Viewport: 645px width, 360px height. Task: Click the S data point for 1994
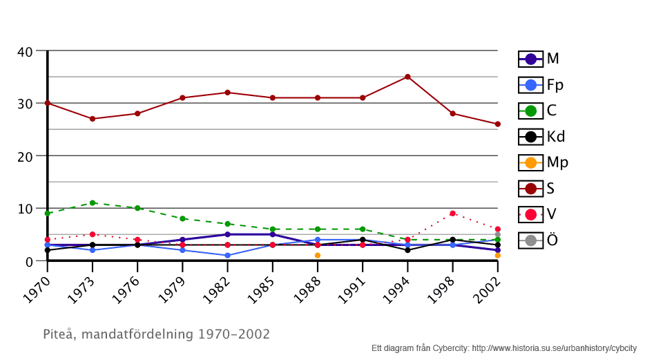pyautogui.click(x=407, y=77)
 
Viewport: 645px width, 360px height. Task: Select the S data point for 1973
pyautogui.click(x=93, y=119)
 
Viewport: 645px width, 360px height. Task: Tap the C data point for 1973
pyautogui.click(x=93, y=203)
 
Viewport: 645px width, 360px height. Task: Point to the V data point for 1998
pyautogui.click(x=452, y=214)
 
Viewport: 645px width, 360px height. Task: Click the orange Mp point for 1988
pyautogui.click(x=318, y=256)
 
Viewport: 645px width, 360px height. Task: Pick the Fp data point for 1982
pyautogui.click(x=227, y=256)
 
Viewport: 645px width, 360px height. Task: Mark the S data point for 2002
pyautogui.click(x=497, y=124)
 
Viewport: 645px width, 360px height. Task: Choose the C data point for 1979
pyautogui.click(x=182, y=218)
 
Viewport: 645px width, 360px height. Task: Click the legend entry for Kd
pyautogui.click(x=543, y=137)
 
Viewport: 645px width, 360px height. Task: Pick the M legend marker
pyautogui.click(x=530, y=59)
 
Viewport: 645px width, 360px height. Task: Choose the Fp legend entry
pyautogui.click(x=542, y=85)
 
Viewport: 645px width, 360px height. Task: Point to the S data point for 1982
pyautogui.click(x=227, y=93)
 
